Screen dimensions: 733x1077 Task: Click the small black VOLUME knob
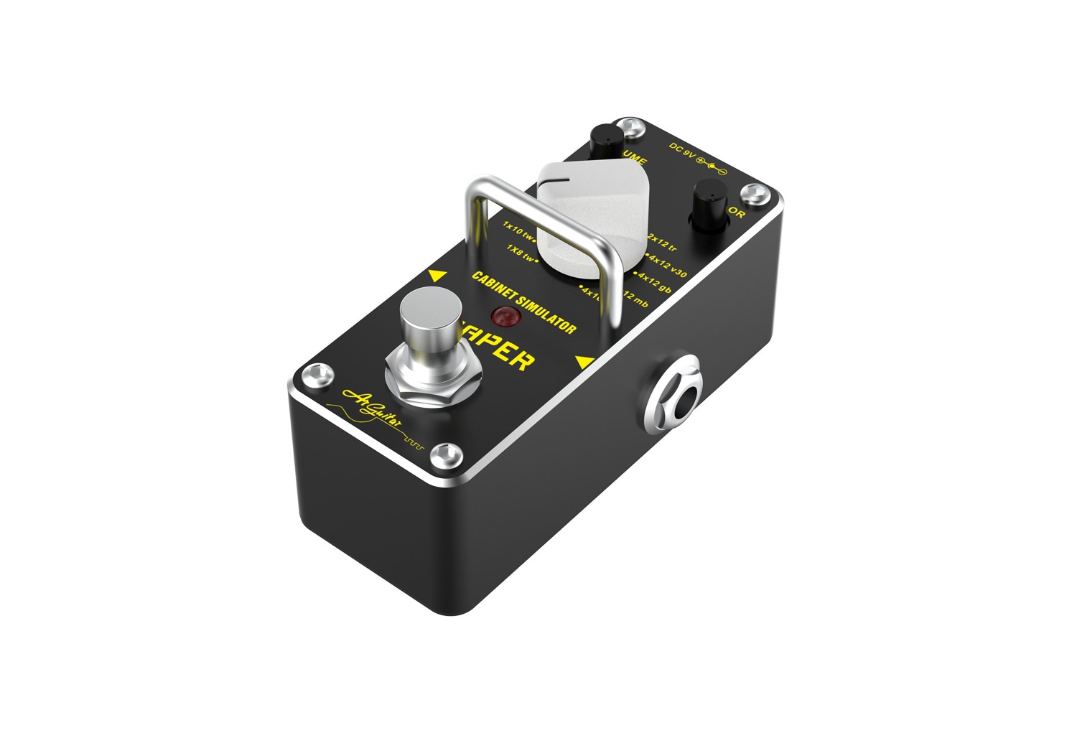click(x=606, y=137)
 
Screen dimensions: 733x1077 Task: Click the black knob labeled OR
click(x=710, y=200)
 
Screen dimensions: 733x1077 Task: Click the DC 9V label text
click(x=682, y=152)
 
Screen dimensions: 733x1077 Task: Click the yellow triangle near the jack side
click(x=584, y=363)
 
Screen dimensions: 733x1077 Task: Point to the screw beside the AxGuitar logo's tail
click(x=448, y=453)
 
